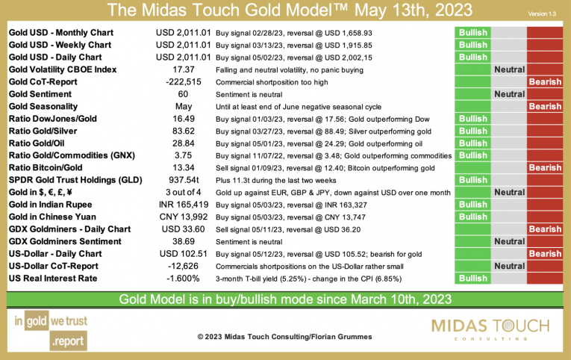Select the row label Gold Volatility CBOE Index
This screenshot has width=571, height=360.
[63, 69]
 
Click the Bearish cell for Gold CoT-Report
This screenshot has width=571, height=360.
[545, 82]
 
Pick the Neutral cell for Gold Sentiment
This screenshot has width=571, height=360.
[509, 94]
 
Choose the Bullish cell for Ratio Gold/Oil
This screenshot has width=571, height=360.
[473, 143]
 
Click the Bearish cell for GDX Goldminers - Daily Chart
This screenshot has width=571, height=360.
[545, 229]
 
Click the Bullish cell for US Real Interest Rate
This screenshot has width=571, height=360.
[473, 279]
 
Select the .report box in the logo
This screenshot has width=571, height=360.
[67, 343]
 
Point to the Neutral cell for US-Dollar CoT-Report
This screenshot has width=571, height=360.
[509, 266]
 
